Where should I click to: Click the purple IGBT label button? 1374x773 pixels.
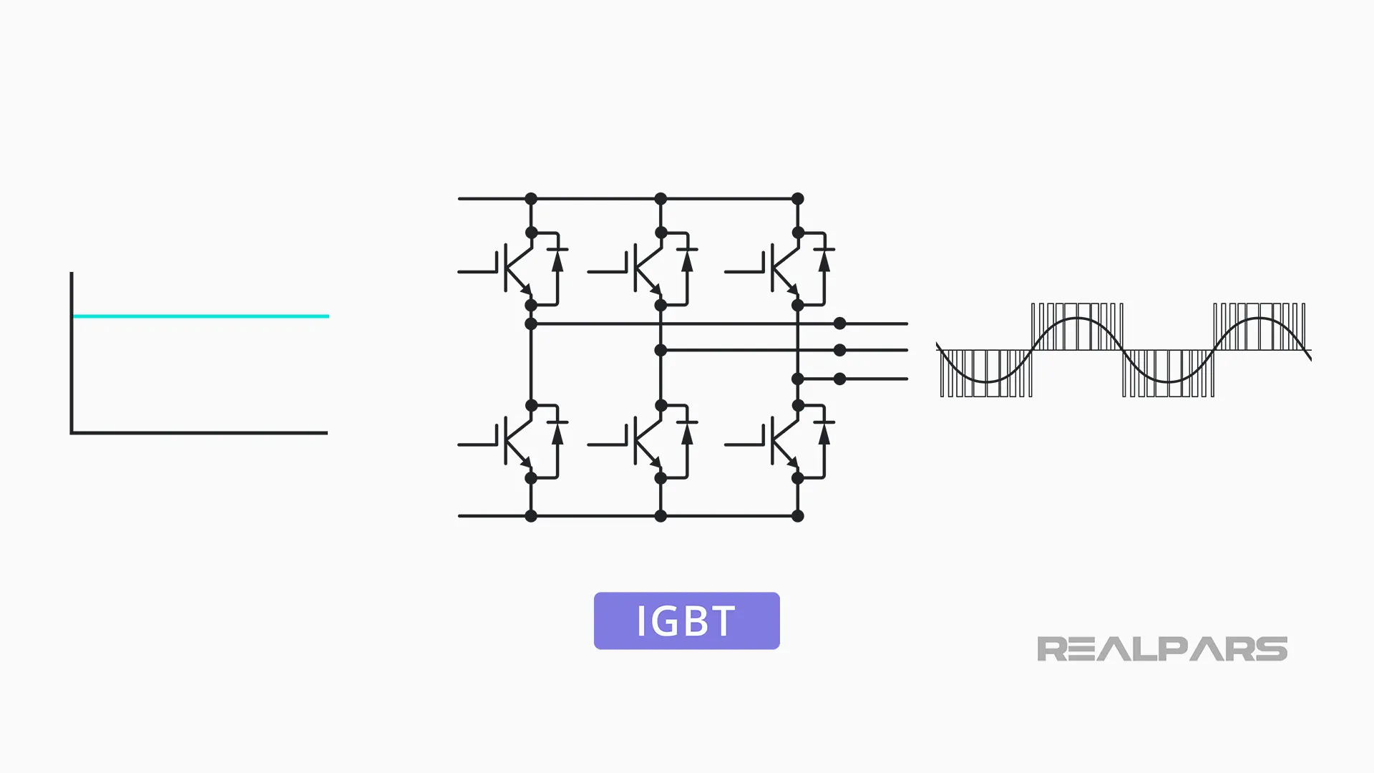[x=686, y=621]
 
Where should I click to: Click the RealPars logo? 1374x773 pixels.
[x=1161, y=648]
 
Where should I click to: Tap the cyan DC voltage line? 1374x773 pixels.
[x=200, y=316]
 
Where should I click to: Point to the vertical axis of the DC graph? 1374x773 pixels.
[x=72, y=351]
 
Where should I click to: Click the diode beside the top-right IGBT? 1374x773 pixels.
[x=824, y=261]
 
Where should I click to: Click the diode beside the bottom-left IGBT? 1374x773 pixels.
[x=557, y=433]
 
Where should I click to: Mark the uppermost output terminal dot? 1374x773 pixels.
[x=840, y=324]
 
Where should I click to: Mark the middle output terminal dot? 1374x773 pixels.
[x=840, y=350]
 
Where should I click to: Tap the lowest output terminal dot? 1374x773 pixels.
[x=840, y=379]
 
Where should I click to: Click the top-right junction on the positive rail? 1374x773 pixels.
[x=798, y=198]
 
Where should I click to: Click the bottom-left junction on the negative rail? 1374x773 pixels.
[x=531, y=515]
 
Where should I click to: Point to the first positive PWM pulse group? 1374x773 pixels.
[x=1077, y=326]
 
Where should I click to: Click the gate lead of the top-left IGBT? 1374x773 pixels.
[x=476, y=272]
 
